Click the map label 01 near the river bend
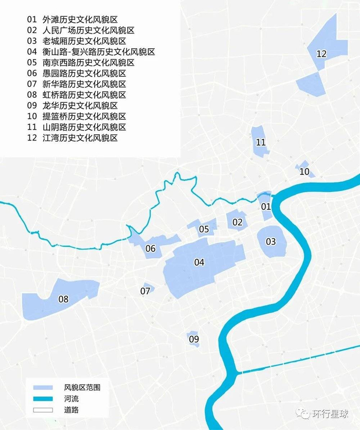[266, 207]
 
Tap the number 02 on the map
[237, 222]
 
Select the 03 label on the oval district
[271, 242]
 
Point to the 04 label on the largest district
[199, 262]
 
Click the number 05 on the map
[204, 229]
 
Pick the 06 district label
[150, 249]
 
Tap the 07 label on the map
[146, 291]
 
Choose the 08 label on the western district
[63, 299]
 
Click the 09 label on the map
[193, 339]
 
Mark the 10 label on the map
[304, 172]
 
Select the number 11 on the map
[261, 142]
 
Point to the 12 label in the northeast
[321, 53]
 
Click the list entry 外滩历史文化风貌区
[84, 20]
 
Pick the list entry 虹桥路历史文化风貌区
[84, 95]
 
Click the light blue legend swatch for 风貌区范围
[43, 387]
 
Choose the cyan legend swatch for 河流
[43, 399]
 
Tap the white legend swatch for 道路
[43, 410]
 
